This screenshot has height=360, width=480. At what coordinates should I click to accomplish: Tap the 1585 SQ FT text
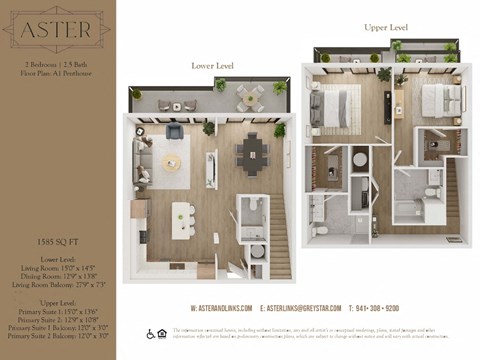(56, 242)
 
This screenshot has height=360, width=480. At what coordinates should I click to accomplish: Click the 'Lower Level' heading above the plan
(212, 66)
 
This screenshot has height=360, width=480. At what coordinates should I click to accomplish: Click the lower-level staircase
(278, 240)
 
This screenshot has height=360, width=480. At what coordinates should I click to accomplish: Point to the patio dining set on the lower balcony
(249, 96)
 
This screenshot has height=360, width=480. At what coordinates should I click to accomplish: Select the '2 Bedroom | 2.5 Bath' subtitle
(56, 63)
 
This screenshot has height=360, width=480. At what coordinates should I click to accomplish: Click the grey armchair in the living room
(174, 131)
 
